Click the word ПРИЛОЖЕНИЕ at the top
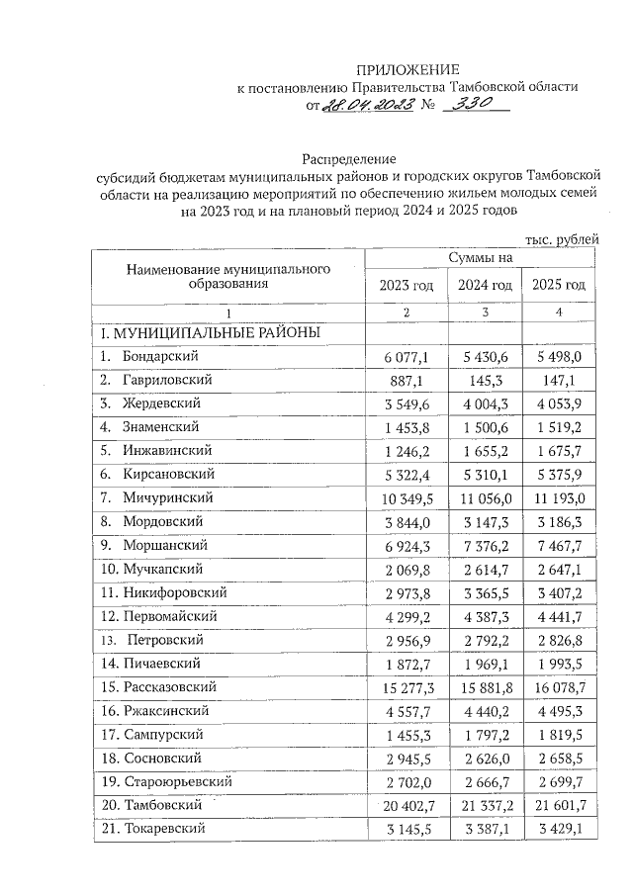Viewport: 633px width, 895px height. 407,69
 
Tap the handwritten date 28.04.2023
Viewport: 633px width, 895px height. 367,107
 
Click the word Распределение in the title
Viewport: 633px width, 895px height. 348,159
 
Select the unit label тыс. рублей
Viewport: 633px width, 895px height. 561,238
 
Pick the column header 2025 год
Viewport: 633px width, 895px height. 559,286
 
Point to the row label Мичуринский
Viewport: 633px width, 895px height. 168,495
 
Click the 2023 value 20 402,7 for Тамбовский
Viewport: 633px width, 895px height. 406,805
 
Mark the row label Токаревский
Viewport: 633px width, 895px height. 164,829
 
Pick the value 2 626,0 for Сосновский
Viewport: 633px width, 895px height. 486,758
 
